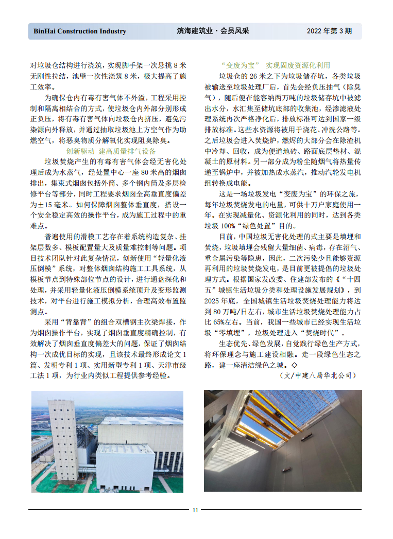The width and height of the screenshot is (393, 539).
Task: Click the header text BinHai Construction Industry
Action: tap(80, 31)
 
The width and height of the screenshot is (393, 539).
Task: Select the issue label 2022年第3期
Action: tap(329, 31)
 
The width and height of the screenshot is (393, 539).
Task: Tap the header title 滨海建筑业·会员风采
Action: tap(212, 31)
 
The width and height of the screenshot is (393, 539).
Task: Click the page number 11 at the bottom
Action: tap(195, 510)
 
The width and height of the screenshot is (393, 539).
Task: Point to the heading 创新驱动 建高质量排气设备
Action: tap(111, 151)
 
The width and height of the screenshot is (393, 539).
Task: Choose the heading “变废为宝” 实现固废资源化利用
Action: tap(275, 66)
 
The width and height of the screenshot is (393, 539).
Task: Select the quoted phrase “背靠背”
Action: tap(75, 322)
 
